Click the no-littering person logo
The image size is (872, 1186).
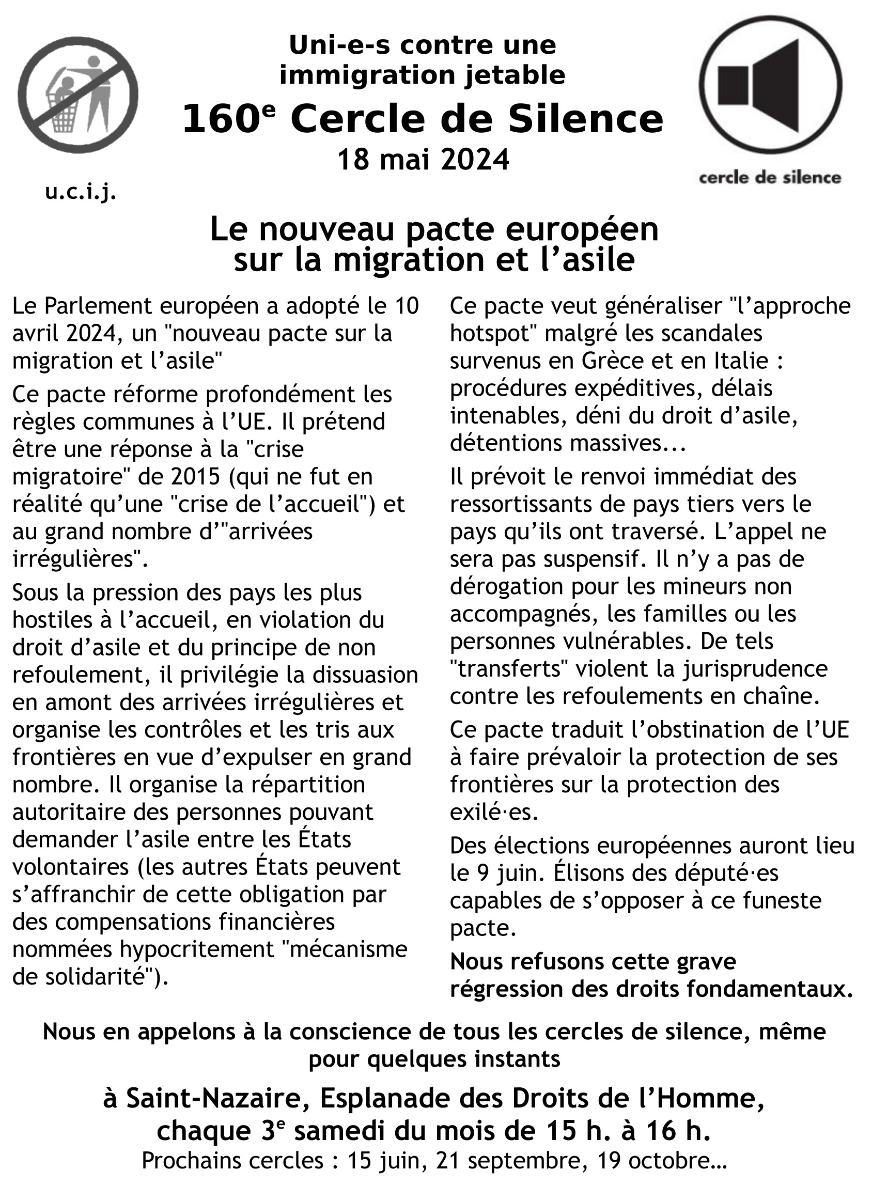(x=78, y=95)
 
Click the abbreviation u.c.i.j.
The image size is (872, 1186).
(x=81, y=193)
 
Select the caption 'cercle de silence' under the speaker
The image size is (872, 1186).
(x=770, y=178)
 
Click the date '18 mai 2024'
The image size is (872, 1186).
(x=423, y=160)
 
